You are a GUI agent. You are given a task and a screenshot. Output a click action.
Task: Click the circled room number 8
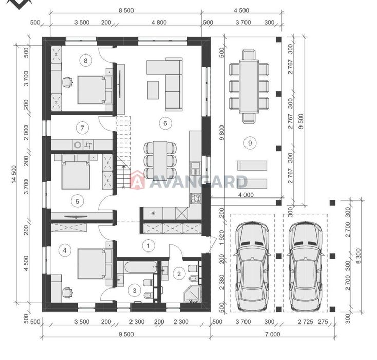pos(86,60)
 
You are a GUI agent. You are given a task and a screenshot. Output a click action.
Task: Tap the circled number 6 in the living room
pos(165,123)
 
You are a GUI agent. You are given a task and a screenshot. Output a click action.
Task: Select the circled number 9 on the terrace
pos(250,143)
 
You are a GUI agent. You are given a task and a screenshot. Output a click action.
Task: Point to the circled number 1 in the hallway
pos(148,246)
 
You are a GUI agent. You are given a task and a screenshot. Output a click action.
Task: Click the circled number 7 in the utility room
pos(82,128)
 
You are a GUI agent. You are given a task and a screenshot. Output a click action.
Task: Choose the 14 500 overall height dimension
pos(14,174)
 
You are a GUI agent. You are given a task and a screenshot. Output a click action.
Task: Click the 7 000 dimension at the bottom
pos(272,334)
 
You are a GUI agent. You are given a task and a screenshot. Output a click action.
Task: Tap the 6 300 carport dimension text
pos(359,256)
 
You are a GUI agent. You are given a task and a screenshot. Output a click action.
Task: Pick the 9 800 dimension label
pos(221,133)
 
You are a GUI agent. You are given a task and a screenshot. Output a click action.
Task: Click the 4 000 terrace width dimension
pos(246,195)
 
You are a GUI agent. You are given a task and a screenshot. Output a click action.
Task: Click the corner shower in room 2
pos(192,294)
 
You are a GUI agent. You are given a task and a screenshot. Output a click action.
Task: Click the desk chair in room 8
pos(68,82)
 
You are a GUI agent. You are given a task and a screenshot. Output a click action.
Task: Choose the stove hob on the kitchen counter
pos(196,199)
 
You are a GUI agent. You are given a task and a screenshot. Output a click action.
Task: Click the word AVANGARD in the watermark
pos(198,182)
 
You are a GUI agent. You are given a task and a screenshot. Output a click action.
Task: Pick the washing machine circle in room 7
pos(78,145)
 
